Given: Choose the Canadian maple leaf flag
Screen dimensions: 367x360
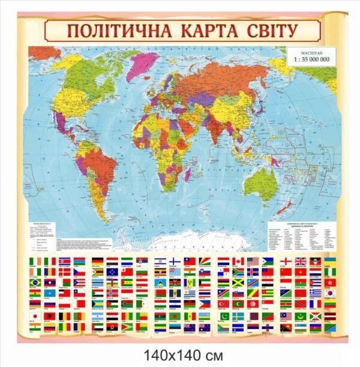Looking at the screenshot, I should coord(238,261).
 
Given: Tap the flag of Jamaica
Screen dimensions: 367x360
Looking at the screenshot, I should coord(238,283).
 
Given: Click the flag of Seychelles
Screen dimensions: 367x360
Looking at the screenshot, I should coord(206,261).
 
